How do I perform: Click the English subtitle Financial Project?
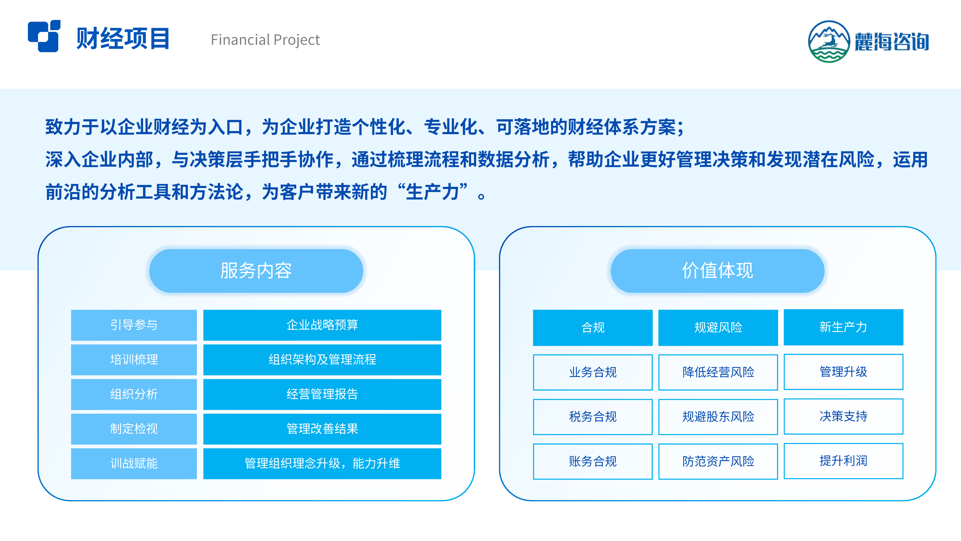tap(265, 40)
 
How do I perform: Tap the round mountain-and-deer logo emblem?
tap(829, 41)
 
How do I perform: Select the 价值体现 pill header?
tap(717, 271)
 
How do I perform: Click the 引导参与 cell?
tap(134, 325)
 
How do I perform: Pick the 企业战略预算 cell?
tap(322, 325)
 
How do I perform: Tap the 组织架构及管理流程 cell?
tap(322, 359)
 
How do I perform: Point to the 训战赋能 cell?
tap(134, 463)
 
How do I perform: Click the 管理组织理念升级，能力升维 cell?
tap(322, 463)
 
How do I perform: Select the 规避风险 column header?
tap(718, 327)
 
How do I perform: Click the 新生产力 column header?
tap(844, 327)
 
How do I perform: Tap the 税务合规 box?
tap(593, 417)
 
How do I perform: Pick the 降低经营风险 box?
tap(718, 372)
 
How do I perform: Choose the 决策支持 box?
tap(844, 416)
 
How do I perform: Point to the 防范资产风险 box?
tap(718, 461)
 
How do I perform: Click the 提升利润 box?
tap(844, 461)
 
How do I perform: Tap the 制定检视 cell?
tap(134, 429)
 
